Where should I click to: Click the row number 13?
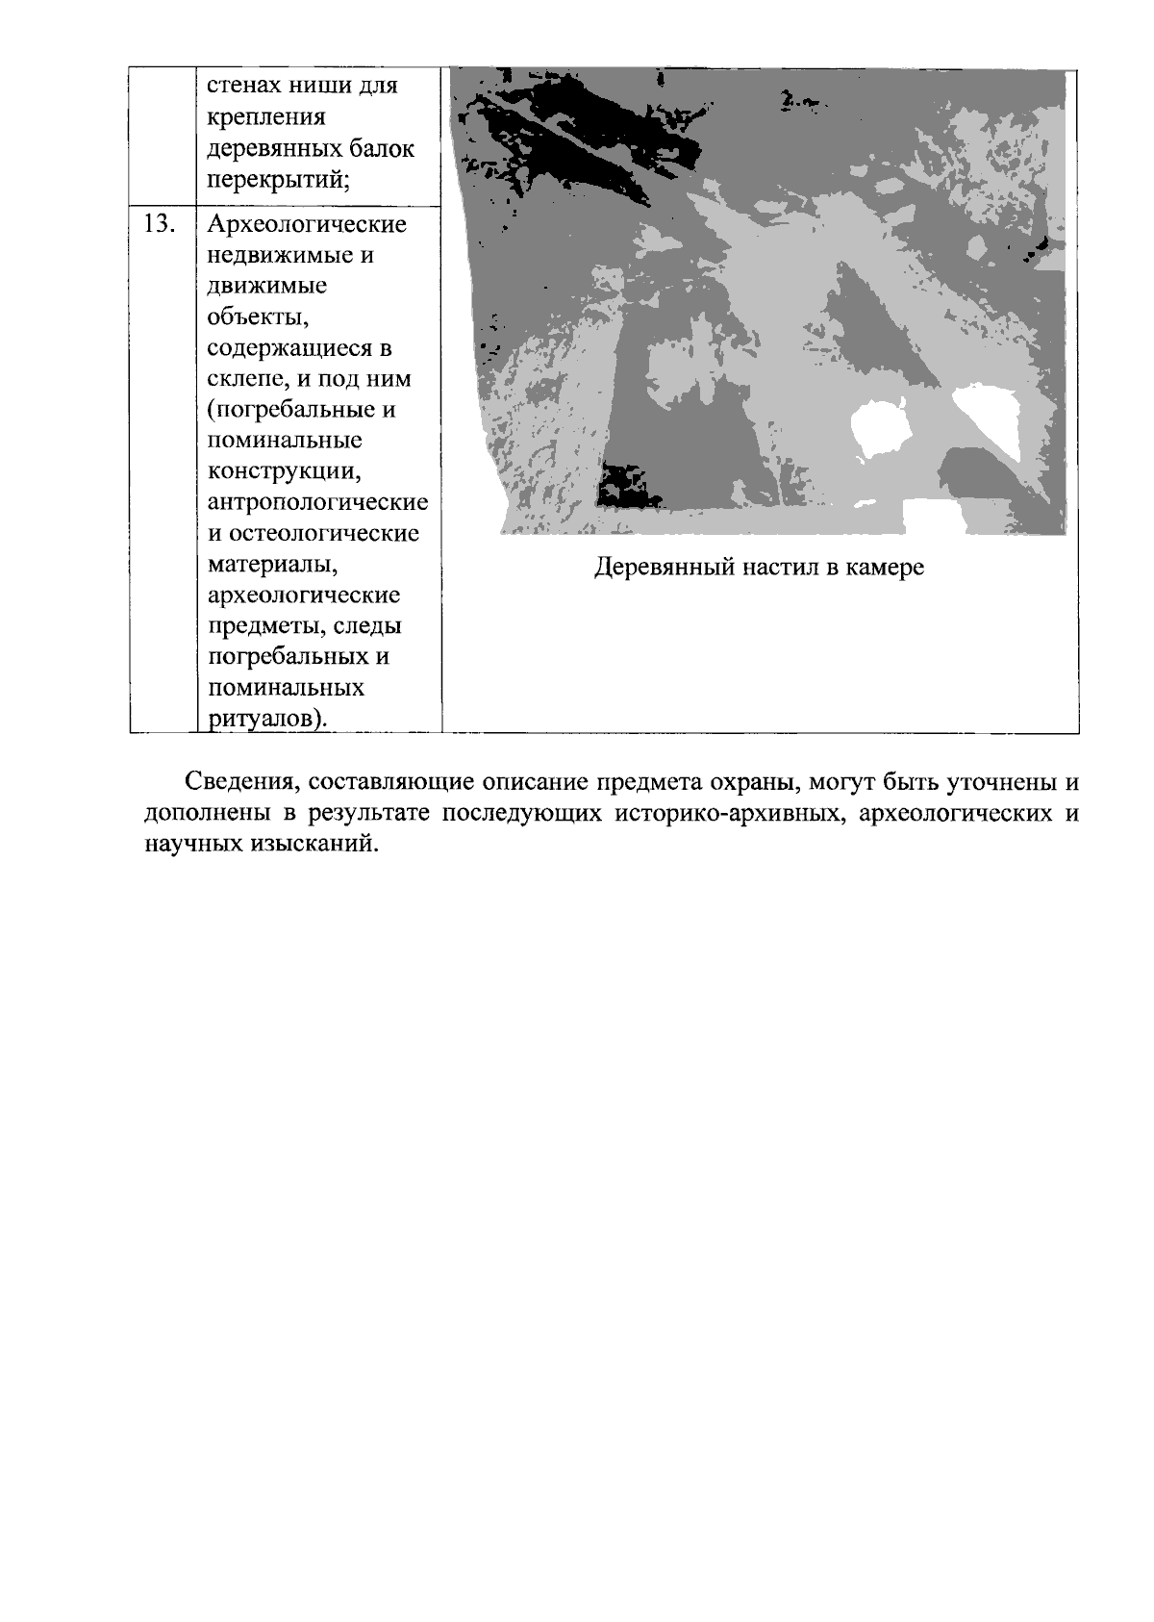pyautogui.click(x=160, y=224)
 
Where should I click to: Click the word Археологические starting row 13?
pyautogui.click(x=308, y=224)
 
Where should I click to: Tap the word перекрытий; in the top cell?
pyautogui.click(x=278, y=179)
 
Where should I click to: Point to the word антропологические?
pyautogui.click(x=318, y=502)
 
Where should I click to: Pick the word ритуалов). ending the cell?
pyautogui.click(x=266, y=719)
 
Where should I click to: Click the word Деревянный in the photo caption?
pyautogui.click(x=664, y=568)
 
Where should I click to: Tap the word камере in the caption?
pyautogui.click(x=885, y=568)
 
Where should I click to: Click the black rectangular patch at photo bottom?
pyautogui.click(x=627, y=486)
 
